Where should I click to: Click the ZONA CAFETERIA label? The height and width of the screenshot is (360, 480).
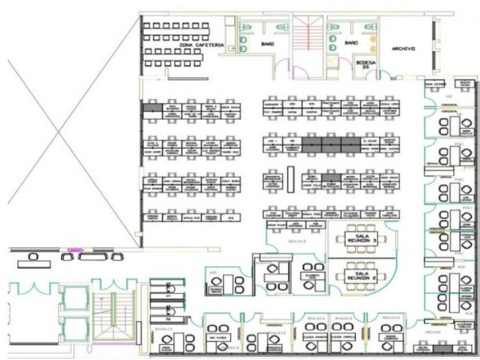(x=197, y=45)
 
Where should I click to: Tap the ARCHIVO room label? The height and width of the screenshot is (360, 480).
(x=403, y=49)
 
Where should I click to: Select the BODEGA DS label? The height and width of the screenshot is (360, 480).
(x=366, y=65)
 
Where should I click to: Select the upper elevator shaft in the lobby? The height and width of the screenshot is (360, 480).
(x=75, y=297)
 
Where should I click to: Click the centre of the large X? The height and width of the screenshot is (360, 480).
(x=59, y=133)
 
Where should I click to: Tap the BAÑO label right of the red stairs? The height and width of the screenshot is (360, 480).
(x=350, y=43)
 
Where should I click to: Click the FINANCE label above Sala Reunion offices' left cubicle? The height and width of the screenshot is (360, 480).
(x=298, y=242)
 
